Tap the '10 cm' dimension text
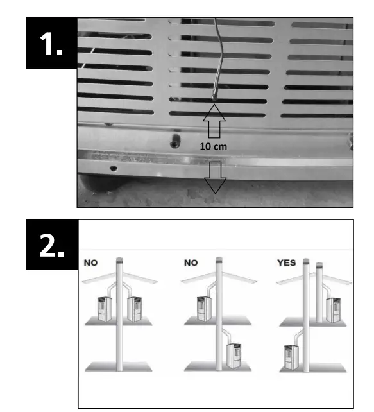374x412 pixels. [x=215, y=146]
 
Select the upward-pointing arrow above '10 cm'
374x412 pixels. [x=215, y=121]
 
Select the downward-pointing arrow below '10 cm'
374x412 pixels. [x=215, y=177]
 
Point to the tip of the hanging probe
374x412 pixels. [x=214, y=99]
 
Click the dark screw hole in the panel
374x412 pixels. [x=173, y=139]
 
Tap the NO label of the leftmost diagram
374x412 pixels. [x=90, y=262]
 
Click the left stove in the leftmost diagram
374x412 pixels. [x=103, y=307]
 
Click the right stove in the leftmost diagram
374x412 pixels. [x=135, y=309]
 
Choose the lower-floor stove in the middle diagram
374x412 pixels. [x=234, y=355]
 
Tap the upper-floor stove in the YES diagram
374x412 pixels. [x=333, y=309]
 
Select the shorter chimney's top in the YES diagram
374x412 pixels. [x=318, y=264]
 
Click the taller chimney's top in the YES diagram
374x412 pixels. [x=306, y=261]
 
